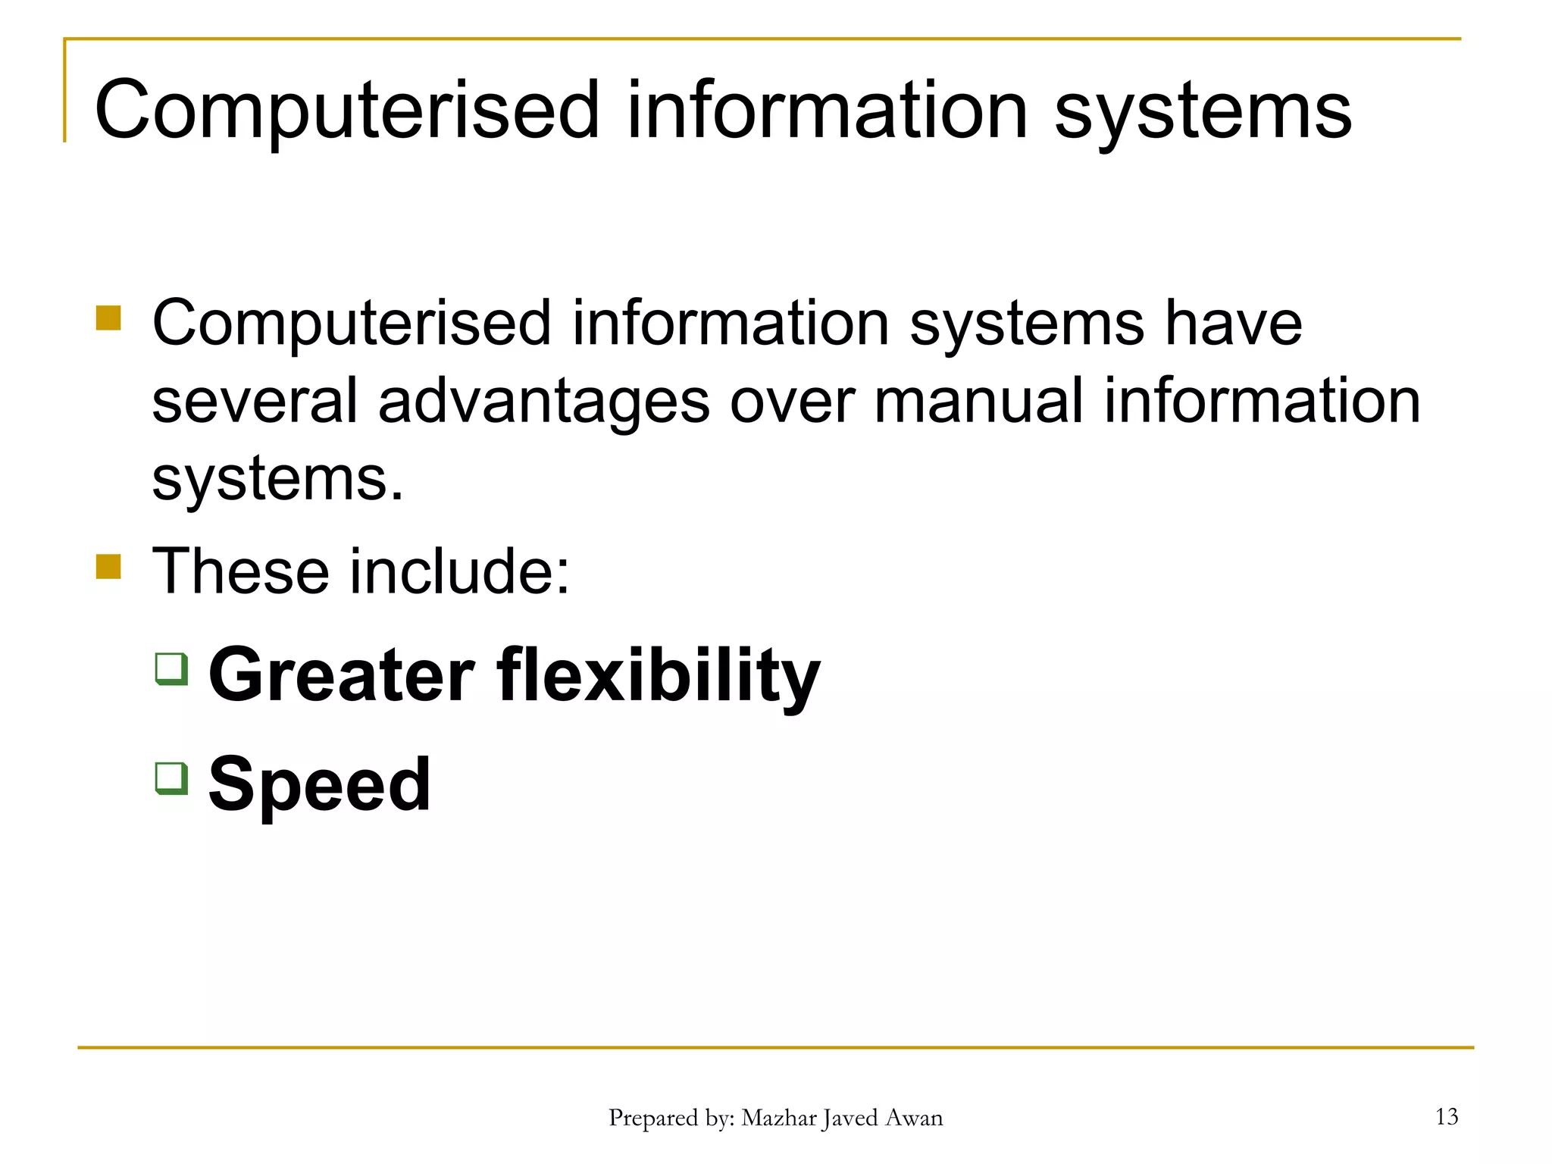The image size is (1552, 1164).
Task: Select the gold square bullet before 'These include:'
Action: [108, 566]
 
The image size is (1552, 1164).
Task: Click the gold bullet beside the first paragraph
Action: [108, 318]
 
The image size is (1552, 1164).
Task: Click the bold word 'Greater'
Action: [342, 674]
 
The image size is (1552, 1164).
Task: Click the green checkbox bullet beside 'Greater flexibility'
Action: [171, 668]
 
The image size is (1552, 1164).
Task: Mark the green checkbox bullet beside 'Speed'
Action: [171, 778]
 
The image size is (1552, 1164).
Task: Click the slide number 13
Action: [1446, 1116]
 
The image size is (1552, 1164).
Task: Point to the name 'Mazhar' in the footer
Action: [778, 1118]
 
